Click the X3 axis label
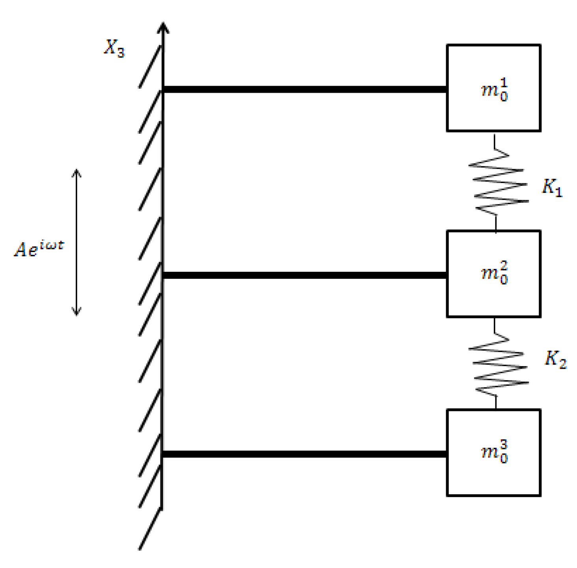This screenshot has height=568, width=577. [114, 48]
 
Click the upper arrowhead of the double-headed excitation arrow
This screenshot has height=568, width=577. [77, 173]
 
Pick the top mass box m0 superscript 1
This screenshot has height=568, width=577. [493, 88]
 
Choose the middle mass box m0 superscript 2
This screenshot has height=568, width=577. [493, 274]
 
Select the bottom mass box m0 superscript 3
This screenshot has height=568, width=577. [493, 452]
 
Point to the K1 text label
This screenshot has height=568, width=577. [551, 188]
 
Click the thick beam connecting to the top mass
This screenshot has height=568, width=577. [304, 90]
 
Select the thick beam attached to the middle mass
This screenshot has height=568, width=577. [304, 275]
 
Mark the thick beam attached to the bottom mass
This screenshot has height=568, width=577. [304, 454]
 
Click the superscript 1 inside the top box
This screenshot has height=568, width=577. [504, 83]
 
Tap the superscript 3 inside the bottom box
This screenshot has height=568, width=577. [504, 446]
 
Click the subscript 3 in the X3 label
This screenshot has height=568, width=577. [121, 53]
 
